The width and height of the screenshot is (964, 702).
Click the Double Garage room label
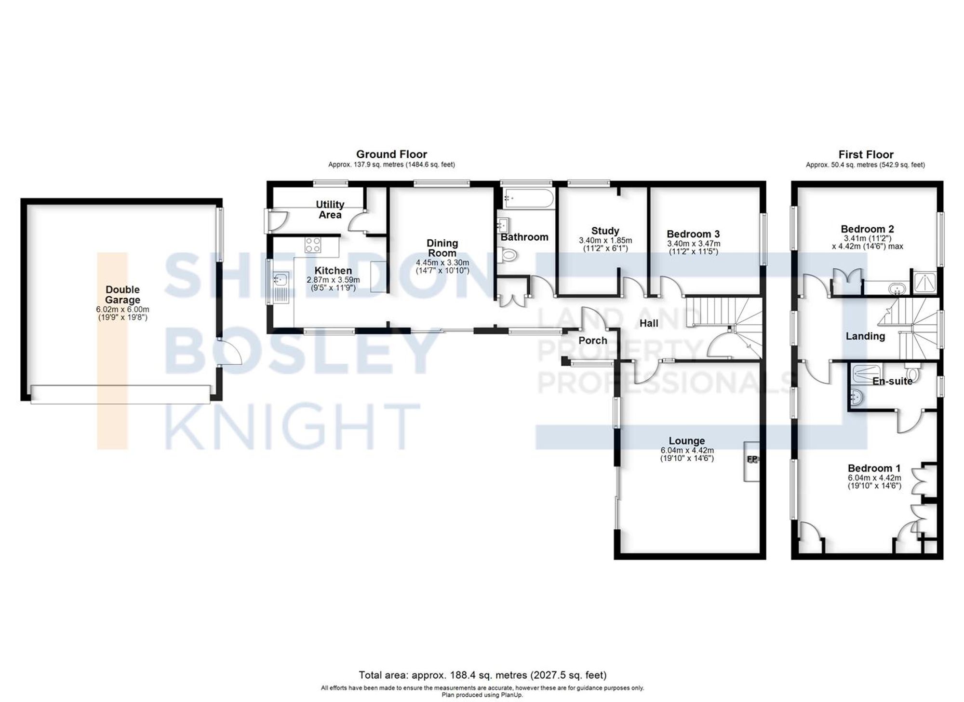click(122, 294)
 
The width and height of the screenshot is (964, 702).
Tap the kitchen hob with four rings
click(313, 245)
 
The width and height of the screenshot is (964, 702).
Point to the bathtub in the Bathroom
click(528, 198)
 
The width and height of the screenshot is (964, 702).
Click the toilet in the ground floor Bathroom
click(507, 255)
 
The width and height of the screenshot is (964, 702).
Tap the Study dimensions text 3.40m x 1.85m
click(605, 240)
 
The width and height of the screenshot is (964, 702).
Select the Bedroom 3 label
click(693, 234)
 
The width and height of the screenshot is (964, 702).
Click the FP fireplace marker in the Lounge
click(752, 459)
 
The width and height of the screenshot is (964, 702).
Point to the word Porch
click(592, 341)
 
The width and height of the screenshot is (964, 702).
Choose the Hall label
click(649, 323)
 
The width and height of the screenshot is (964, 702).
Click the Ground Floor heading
click(391, 154)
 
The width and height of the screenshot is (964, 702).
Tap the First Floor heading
click(866, 155)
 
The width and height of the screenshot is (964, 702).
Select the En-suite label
click(892, 381)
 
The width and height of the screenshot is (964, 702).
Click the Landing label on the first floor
click(865, 336)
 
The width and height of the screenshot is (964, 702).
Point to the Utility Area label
click(330, 209)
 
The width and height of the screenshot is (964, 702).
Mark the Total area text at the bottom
click(482, 675)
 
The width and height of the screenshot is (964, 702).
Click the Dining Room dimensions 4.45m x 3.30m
click(442, 263)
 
